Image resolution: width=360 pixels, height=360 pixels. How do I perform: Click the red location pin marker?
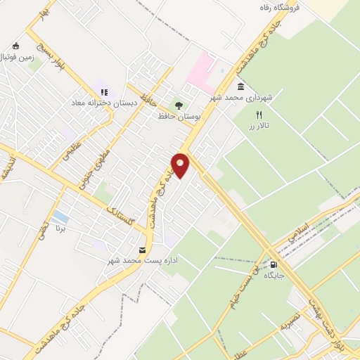point(181,165)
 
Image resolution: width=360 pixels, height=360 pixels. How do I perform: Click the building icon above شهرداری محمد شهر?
point(241,87)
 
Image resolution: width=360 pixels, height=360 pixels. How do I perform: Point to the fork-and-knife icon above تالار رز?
point(259,114)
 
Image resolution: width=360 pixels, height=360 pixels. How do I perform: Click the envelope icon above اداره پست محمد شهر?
point(143,250)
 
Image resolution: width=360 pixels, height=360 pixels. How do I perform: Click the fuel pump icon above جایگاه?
point(274,265)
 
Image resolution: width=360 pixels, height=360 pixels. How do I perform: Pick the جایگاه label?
point(274,276)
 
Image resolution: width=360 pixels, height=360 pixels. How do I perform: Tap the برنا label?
point(61,229)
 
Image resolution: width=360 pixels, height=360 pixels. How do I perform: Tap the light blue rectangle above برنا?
point(61,217)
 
